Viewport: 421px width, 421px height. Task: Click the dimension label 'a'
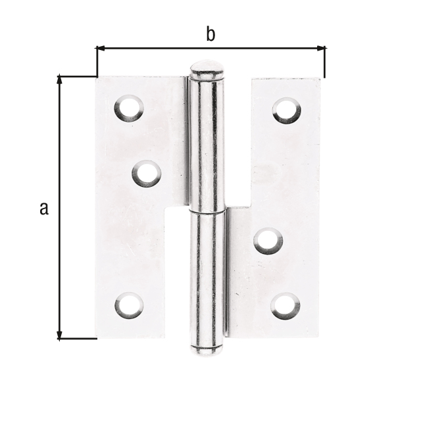tap(44, 209)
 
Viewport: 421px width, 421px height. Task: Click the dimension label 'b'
tap(210, 35)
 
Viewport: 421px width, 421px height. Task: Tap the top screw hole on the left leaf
tap(129, 108)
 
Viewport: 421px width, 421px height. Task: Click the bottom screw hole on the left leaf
tap(129, 305)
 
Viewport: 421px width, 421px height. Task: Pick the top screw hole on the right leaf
tap(287, 110)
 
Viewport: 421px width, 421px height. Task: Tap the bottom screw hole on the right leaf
tap(285, 306)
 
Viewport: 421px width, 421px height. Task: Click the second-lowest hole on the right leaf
tap(268, 240)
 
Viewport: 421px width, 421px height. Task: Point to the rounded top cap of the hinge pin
tap(206, 70)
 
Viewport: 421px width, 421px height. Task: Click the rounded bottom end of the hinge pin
tap(207, 349)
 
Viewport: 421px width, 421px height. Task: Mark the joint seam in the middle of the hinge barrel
tap(207, 212)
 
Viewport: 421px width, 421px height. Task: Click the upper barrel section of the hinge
tap(207, 145)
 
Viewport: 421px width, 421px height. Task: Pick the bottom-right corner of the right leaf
tap(320, 337)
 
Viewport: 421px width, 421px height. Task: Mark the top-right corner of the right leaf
tap(321, 79)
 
